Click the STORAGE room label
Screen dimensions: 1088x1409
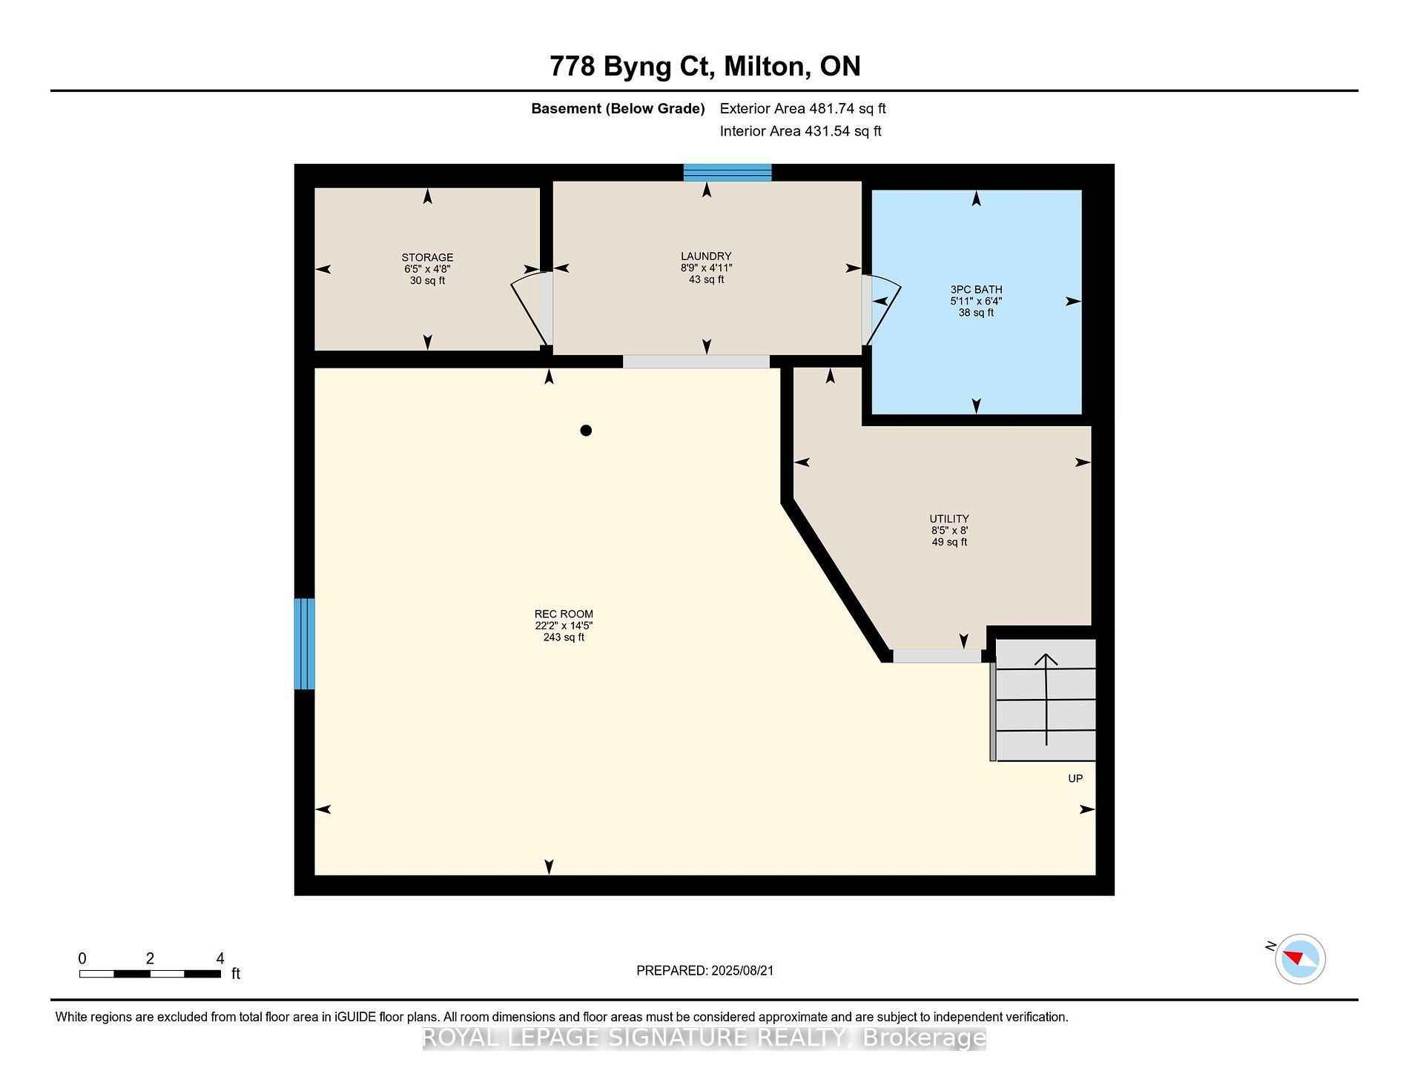[x=427, y=257]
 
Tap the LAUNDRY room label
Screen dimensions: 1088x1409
[x=706, y=256]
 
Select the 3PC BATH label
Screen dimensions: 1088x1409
[x=976, y=290]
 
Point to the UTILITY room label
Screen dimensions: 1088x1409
[x=949, y=519]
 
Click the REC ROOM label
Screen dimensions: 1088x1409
[x=564, y=614]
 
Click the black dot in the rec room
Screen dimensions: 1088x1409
[x=586, y=431]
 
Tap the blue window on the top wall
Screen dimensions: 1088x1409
[x=727, y=173]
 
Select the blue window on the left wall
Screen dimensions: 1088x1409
[x=305, y=643]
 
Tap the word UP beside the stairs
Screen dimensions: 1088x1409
[x=1075, y=778]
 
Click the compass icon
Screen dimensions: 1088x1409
[x=1301, y=959]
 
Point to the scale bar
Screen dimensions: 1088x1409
[x=150, y=974]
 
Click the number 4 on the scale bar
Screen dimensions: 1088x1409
[x=220, y=958]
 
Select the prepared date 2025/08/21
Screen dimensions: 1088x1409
[x=742, y=970]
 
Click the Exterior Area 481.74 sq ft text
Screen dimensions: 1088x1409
[x=802, y=108]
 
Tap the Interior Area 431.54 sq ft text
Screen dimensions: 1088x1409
[x=800, y=131]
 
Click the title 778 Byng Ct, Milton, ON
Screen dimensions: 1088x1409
[x=704, y=66]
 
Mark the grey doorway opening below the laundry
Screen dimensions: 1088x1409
[x=696, y=362]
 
